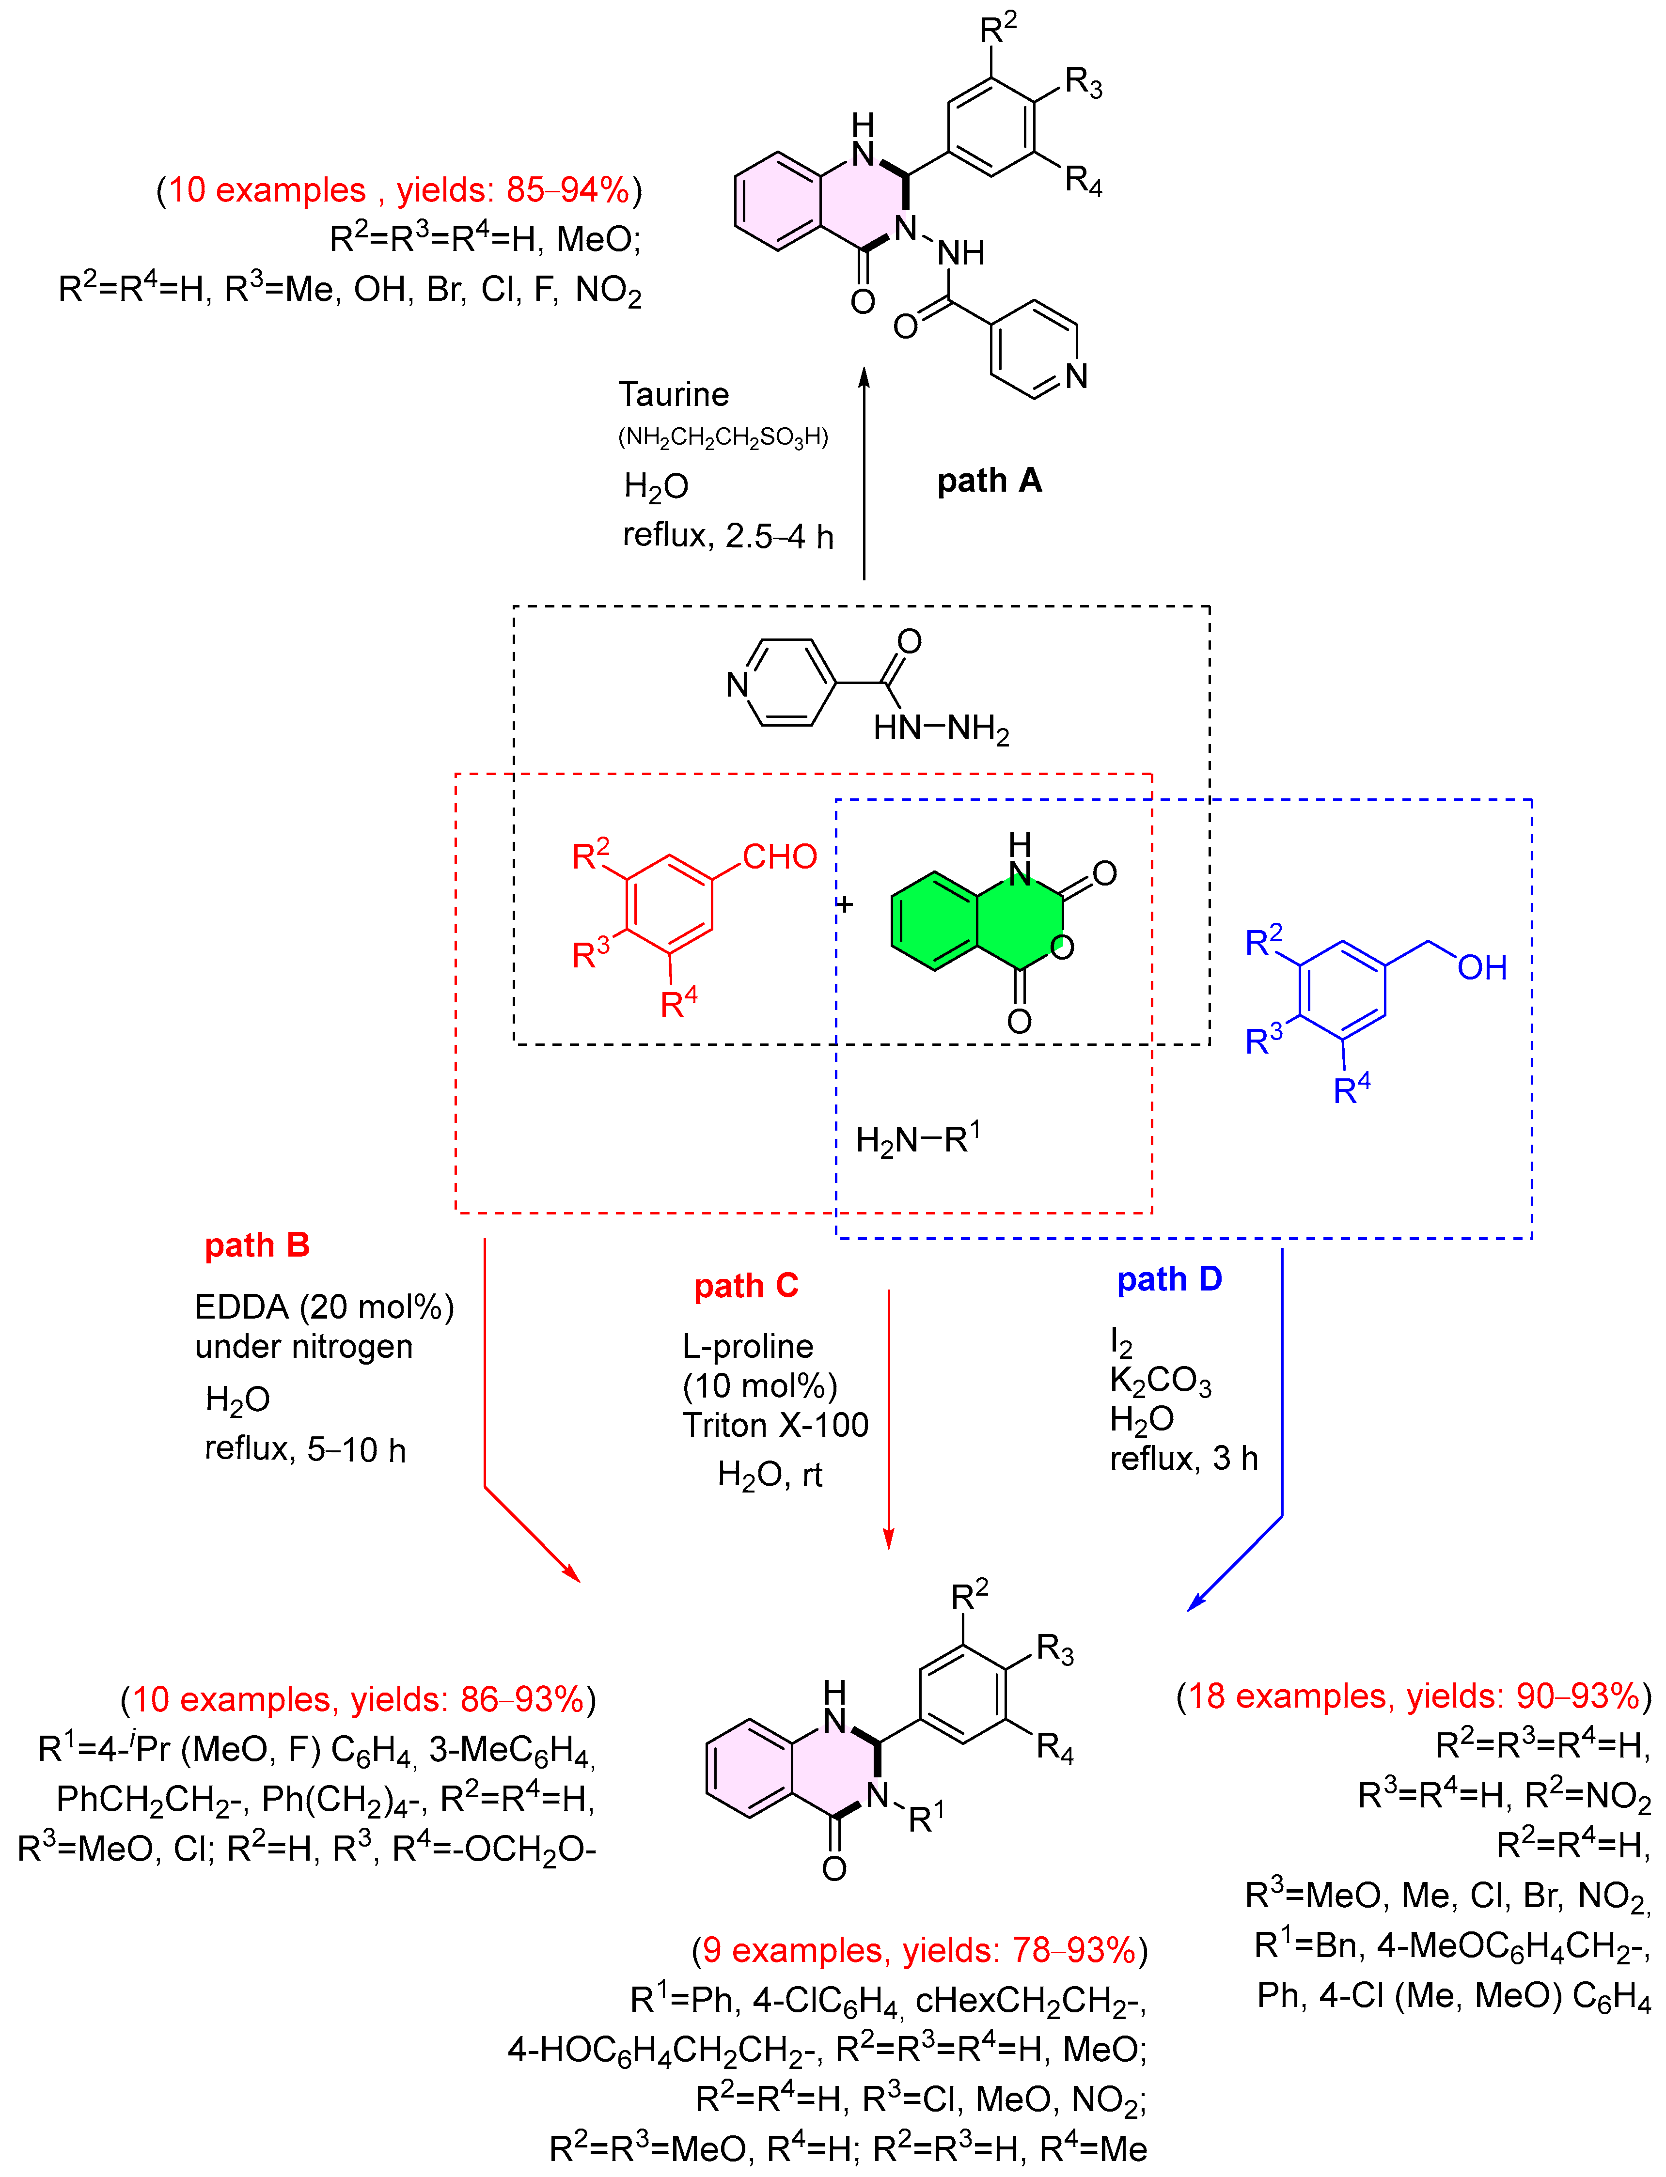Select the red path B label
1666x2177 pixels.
coord(257,1245)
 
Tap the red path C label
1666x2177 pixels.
coord(746,1286)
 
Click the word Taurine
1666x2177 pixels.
coord(674,394)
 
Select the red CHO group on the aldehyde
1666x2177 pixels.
coord(779,856)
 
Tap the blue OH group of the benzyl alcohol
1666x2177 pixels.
coord(1481,966)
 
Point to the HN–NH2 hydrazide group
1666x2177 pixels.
coord(940,729)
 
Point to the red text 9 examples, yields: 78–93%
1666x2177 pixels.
coord(919,1950)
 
